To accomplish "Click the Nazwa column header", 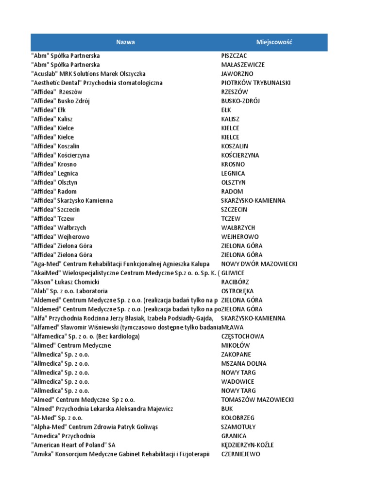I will (x=125, y=42).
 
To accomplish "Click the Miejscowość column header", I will (x=274, y=42).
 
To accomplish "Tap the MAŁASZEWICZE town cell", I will (x=243, y=65).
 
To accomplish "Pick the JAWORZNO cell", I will (x=237, y=74).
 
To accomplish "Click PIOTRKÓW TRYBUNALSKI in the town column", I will (x=255, y=83).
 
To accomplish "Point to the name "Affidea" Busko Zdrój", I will (x=61, y=101).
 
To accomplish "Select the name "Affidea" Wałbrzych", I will (x=59, y=228).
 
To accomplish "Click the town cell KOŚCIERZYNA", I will (x=240, y=156).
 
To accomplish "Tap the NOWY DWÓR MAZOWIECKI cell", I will (x=259, y=264).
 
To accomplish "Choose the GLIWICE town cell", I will (x=233, y=273).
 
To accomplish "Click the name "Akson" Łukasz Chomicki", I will (x=65, y=282).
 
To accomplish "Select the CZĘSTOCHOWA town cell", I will (x=242, y=337).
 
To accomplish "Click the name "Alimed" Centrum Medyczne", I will (x=71, y=345).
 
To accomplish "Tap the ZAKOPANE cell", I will (x=236, y=355).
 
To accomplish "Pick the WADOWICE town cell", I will (x=237, y=382).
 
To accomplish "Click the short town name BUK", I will (x=227, y=409).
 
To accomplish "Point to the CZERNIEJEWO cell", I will (x=240, y=454).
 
